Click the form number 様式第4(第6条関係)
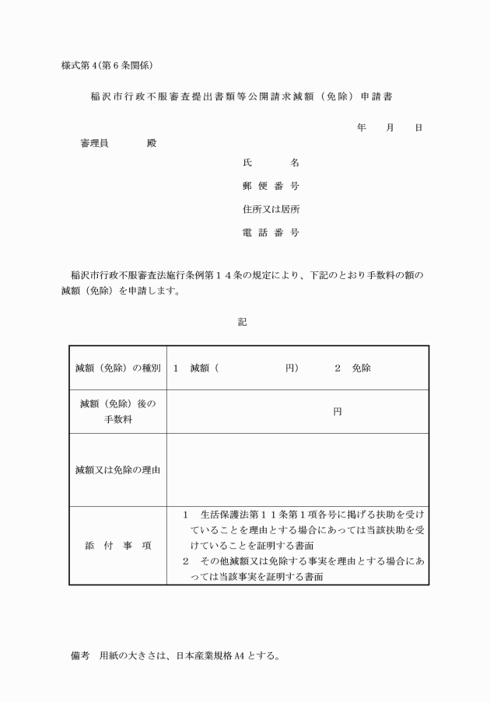[x=112, y=64]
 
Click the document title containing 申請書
[x=241, y=97]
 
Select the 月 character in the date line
[x=390, y=127]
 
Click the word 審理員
[x=94, y=144]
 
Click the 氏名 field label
[x=271, y=163]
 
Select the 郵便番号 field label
[x=271, y=187]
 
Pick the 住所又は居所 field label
[x=271, y=209]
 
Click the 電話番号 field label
[x=271, y=232]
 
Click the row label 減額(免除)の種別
[x=117, y=368]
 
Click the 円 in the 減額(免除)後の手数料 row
[x=338, y=411]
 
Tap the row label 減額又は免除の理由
[x=117, y=470]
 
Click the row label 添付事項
[x=117, y=546]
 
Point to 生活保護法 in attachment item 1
[x=224, y=515]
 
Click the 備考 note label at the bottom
[x=81, y=655]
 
